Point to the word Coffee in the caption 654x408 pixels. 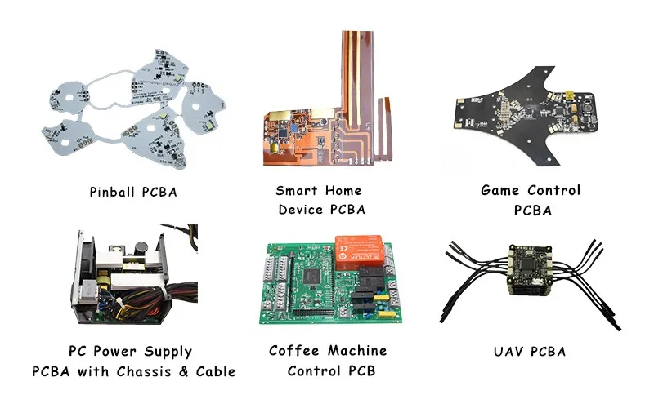coord(296,351)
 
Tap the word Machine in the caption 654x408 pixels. coord(356,351)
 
